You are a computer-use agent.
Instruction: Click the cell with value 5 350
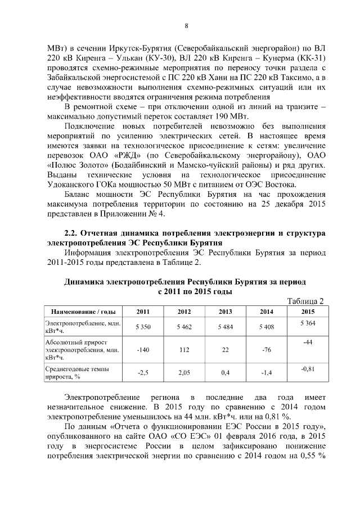click(143, 326)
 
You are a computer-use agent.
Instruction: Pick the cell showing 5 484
click(226, 326)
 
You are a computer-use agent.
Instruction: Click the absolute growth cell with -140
click(143, 349)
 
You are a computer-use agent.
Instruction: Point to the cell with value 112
click(184, 349)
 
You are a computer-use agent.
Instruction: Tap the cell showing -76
click(267, 349)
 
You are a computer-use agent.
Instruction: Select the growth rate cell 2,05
click(184, 372)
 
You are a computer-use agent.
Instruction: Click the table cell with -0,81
click(308, 368)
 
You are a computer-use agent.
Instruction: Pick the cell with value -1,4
click(267, 372)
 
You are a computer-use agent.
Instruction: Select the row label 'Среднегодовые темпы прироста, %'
click(77, 372)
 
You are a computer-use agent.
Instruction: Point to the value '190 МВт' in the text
click(232, 116)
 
